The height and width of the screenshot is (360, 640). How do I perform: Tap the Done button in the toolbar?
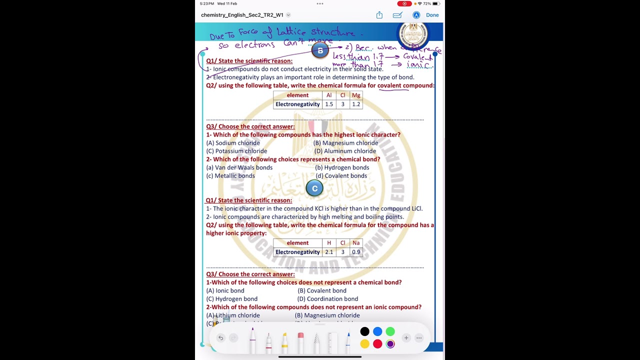click(432, 15)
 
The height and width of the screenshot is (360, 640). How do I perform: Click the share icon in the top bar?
click(379, 15)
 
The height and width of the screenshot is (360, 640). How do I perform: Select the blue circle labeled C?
click(314, 188)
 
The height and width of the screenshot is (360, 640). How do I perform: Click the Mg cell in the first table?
click(356, 95)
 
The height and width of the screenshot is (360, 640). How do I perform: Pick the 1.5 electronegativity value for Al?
click(329, 104)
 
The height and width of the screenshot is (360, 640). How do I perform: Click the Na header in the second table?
click(356, 243)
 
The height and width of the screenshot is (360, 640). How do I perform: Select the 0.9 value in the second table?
click(356, 252)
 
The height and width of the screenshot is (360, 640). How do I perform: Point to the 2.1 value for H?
click(329, 252)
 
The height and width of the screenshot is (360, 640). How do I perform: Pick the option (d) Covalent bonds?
click(341, 176)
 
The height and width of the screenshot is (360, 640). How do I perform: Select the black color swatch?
click(365, 331)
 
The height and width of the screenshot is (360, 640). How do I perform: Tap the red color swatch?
click(377, 344)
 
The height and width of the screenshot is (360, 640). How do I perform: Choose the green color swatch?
click(390, 331)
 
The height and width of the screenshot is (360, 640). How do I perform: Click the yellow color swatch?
click(365, 344)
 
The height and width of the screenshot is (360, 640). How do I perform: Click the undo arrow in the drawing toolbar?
click(220, 338)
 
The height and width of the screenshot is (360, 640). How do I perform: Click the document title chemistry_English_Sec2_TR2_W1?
click(242, 15)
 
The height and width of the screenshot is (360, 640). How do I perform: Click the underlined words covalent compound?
click(405, 85)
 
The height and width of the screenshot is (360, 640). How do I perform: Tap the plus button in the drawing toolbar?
click(406, 338)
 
